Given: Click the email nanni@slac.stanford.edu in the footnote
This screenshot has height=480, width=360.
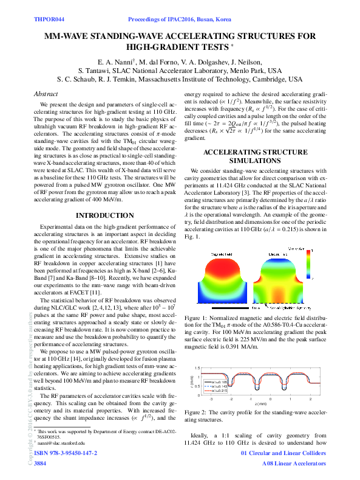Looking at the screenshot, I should tap(63, 443).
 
